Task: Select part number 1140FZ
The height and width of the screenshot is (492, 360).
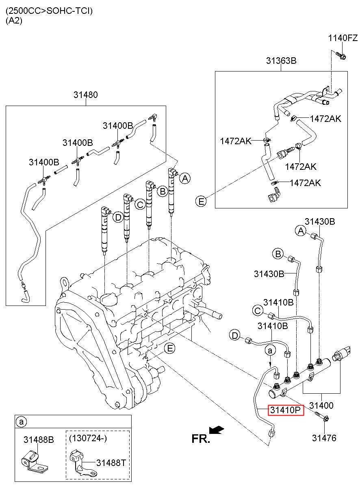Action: [343, 38]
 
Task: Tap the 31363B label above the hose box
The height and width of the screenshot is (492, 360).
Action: [281, 61]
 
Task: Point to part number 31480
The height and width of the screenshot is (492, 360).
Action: [85, 95]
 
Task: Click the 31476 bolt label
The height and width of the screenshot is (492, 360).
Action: [324, 438]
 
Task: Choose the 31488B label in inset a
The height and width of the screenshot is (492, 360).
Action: [38, 439]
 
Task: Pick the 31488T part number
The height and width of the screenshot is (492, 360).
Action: [111, 462]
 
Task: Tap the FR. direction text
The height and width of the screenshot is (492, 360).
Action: [201, 438]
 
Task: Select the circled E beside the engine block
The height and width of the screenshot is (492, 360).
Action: [170, 348]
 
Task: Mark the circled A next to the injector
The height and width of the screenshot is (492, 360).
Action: [185, 178]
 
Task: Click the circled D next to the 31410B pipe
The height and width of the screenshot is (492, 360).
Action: [234, 335]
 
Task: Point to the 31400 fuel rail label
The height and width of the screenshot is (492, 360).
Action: [321, 405]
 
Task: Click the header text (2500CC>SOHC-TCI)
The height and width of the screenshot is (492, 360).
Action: [49, 11]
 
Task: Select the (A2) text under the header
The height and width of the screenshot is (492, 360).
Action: [14, 21]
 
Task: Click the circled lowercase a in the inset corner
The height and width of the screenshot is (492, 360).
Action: [20, 422]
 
